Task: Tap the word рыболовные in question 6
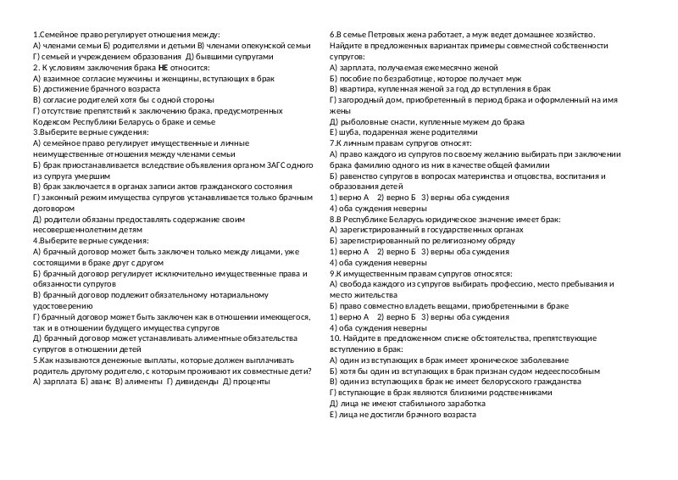[364, 121]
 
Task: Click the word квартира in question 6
[356, 87]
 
